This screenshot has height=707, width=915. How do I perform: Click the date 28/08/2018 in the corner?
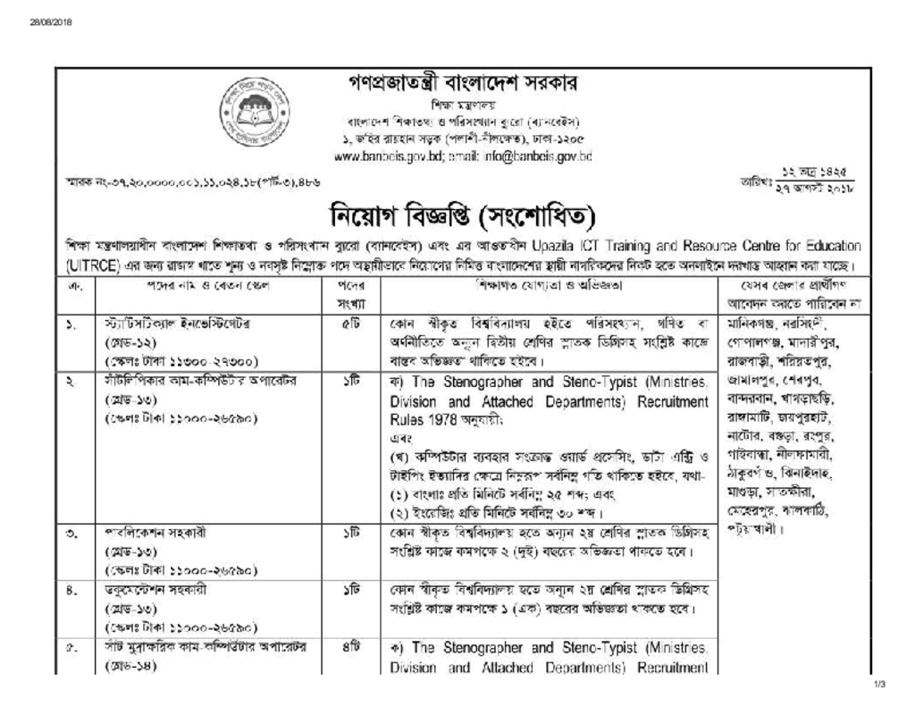[43, 23]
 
